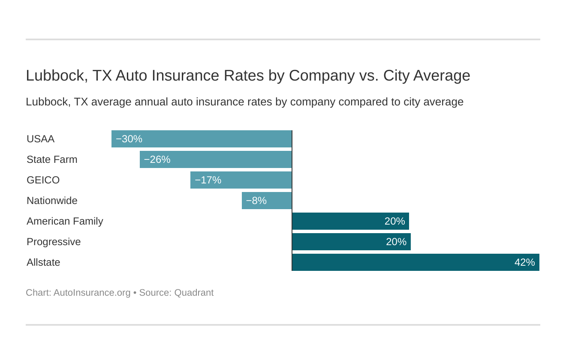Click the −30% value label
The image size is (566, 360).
pyautogui.click(x=129, y=139)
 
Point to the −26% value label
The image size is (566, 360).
pyautogui.click(x=157, y=159)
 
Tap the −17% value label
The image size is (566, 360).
pyautogui.click(x=208, y=180)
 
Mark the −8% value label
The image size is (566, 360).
pyautogui.click(x=256, y=201)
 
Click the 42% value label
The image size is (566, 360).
pyautogui.click(x=524, y=262)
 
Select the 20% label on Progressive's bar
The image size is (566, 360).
pyautogui.click(x=396, y=242)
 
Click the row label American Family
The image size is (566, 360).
pyautogui.click(x=65, y=221)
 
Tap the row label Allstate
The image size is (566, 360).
pyautogui.click(x=43, y=262)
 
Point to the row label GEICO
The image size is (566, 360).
pyautogui.click(x=43, y=180)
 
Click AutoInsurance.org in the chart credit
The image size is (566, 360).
pyautogui.click(x=92, y=293)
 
